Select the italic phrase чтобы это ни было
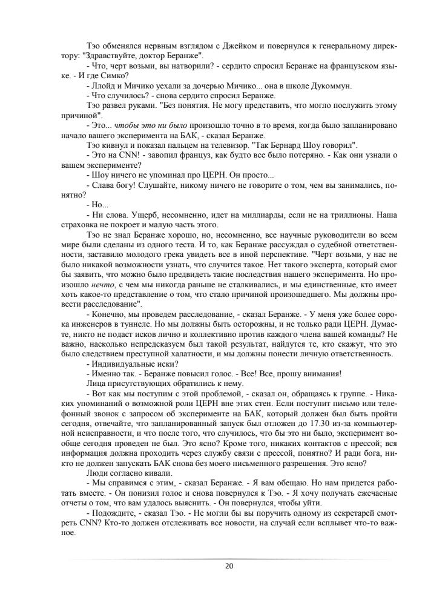coord(142,125)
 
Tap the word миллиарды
coord(262,214)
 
